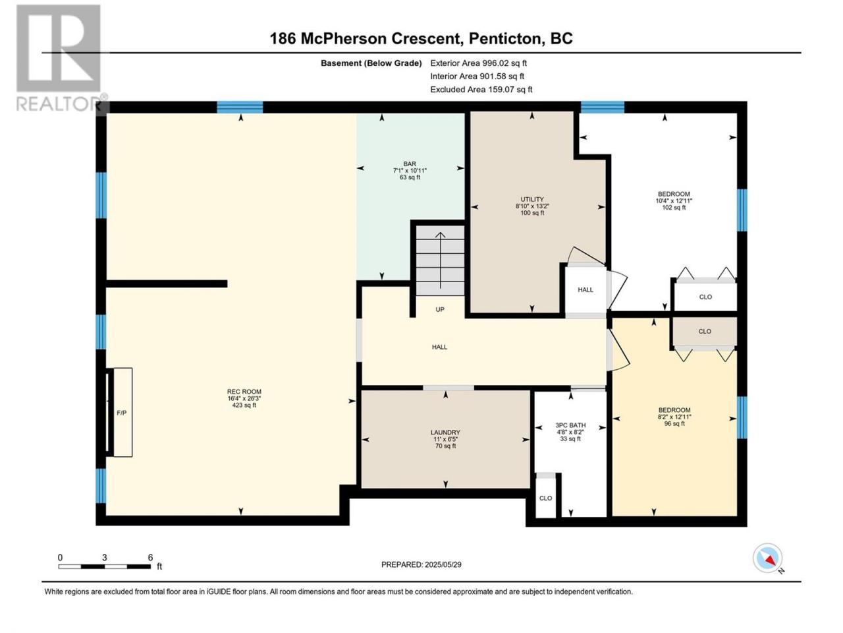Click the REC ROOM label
(244, 398)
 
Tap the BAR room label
(410, 170)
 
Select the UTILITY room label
(532, 206)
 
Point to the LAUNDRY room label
(445, 439)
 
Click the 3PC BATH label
(570, 432)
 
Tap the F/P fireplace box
(122, 412)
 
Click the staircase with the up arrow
(440, 260)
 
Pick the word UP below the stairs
(440, 309)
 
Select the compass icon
(767, 558)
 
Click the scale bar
(105, 566)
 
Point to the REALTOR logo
(59, 57)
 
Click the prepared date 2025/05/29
(421, 564)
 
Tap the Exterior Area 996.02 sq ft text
(479, 63)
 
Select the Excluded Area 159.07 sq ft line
(481, 90)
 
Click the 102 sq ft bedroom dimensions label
(674, 200)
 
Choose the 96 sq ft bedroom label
(674, 417)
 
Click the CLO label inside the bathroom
(545, 498)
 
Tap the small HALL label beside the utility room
(585, 289)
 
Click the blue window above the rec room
(240, 107)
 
